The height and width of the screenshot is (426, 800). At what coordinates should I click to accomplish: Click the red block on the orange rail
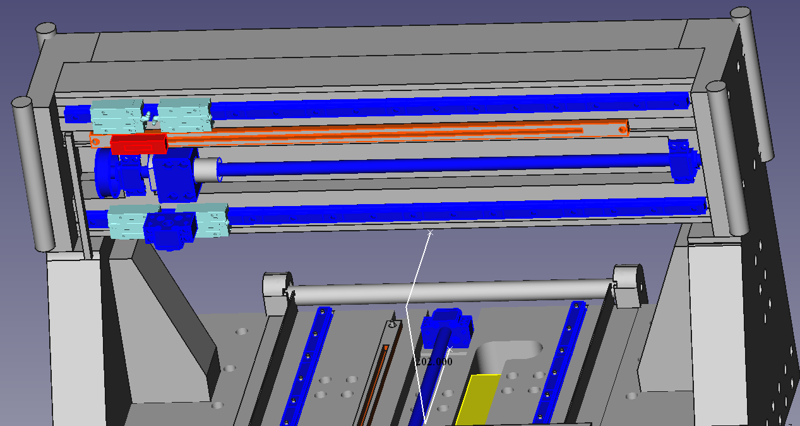click(x=138, y=143)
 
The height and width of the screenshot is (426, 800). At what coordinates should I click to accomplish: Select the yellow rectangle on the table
click(x=478, y=399)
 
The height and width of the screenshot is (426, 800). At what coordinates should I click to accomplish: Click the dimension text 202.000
click(x=434, y=362)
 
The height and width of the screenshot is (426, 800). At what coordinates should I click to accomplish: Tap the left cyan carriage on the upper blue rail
click(x=117, y=116)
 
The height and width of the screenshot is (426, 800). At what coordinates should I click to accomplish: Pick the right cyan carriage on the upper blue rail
click(x=185, y=114)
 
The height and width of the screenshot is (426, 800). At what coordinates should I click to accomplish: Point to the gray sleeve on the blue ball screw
click(x=206, y=170)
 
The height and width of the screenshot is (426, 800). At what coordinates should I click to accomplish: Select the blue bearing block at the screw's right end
click(x=684, y=162)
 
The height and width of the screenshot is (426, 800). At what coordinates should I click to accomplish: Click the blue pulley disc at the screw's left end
click(x=106, y=173)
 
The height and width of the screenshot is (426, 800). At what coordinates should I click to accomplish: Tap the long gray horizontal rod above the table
click(x=452, y=291)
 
